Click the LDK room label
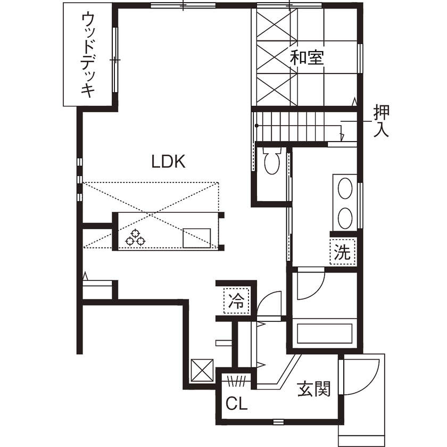click(x=168, y=162)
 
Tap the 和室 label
click(x=307, y=57)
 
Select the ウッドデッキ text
click(x=88, y=55)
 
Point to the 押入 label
click(x=382, y=121)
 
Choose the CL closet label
click(x=237, y=404)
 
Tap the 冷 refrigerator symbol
click(x=236, y=302)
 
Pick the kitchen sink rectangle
click(x=196, y=237)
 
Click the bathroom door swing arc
click(x=309, y=287)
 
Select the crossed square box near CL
click(x=202, y=369)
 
